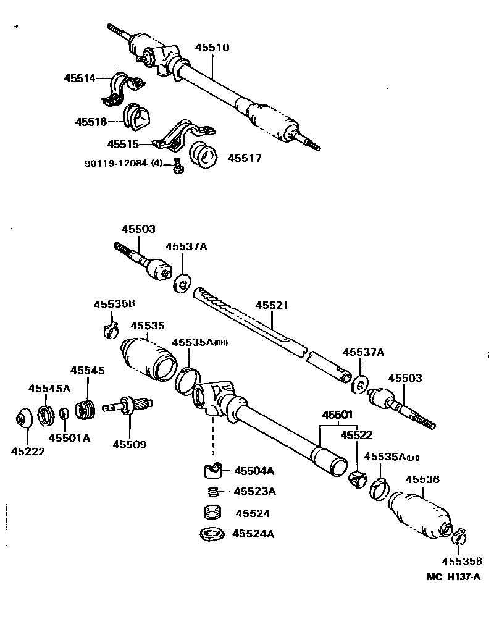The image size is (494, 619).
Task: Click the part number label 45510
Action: point(212,48)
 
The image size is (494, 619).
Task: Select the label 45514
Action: point(80,78)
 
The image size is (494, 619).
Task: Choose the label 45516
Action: point(91,122)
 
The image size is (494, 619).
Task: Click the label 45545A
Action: point(49,388)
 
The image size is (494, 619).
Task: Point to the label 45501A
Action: point(70,438)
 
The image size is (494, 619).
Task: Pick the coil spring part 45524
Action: point(212,513)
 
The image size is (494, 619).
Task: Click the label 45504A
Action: point(253,471)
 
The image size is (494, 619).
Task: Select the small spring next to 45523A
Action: point(212,492)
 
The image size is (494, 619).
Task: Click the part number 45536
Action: point(422,479)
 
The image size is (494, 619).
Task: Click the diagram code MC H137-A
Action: point(453,577)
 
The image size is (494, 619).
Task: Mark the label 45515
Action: point(123,144)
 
